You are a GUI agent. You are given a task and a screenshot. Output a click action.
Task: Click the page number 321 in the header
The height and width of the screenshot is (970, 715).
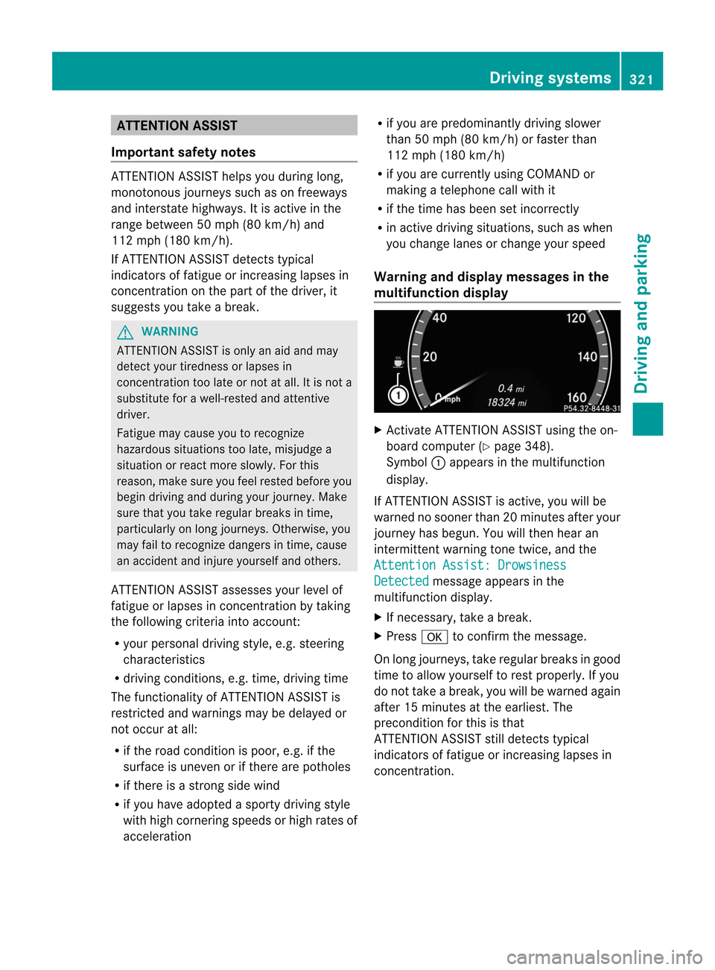click(x=641, y=79)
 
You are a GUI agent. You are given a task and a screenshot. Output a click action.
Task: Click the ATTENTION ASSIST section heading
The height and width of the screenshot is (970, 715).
click(x=177, y=126)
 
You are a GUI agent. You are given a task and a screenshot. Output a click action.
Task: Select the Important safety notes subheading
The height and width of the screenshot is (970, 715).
click(x=183, y=152)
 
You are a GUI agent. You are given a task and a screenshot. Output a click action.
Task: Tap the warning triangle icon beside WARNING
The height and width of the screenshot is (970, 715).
click(x=125, y=332)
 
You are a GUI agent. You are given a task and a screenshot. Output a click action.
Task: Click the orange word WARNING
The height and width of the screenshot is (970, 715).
click(x=170, y=332)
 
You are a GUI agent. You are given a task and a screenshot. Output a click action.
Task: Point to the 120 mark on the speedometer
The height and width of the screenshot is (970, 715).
click(x=576, y=318)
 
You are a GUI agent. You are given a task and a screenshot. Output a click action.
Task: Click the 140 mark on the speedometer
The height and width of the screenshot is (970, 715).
click(x=588, y=357)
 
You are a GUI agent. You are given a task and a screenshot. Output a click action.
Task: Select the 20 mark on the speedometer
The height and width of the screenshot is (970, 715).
click(x=430, y=357)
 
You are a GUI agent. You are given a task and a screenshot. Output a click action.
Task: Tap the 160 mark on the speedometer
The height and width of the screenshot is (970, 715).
click(x=577, y=397)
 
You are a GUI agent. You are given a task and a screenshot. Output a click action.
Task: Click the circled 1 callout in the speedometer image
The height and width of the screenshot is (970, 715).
click(x=398, y=396)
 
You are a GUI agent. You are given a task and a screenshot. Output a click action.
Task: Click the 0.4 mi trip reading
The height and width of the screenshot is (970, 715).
click(x=511, y=388)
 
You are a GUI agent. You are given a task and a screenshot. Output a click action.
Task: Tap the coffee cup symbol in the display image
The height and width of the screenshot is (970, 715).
click(x=398, y=362)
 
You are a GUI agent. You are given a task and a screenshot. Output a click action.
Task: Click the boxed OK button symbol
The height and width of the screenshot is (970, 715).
click(x=434, y=637)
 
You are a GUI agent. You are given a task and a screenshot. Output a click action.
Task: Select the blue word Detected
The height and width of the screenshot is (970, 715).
click(x=401, y=581)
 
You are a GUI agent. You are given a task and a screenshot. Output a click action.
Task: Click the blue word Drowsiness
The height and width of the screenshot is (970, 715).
click(x=532, y=565)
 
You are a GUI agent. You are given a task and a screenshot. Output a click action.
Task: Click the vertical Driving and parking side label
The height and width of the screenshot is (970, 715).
click(x=642, y=313)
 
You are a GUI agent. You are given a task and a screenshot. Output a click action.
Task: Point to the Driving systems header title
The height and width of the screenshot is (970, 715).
click(x=550, y=78)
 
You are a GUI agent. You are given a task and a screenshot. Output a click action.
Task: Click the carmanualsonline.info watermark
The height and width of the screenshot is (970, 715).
click(x=604, y=957)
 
